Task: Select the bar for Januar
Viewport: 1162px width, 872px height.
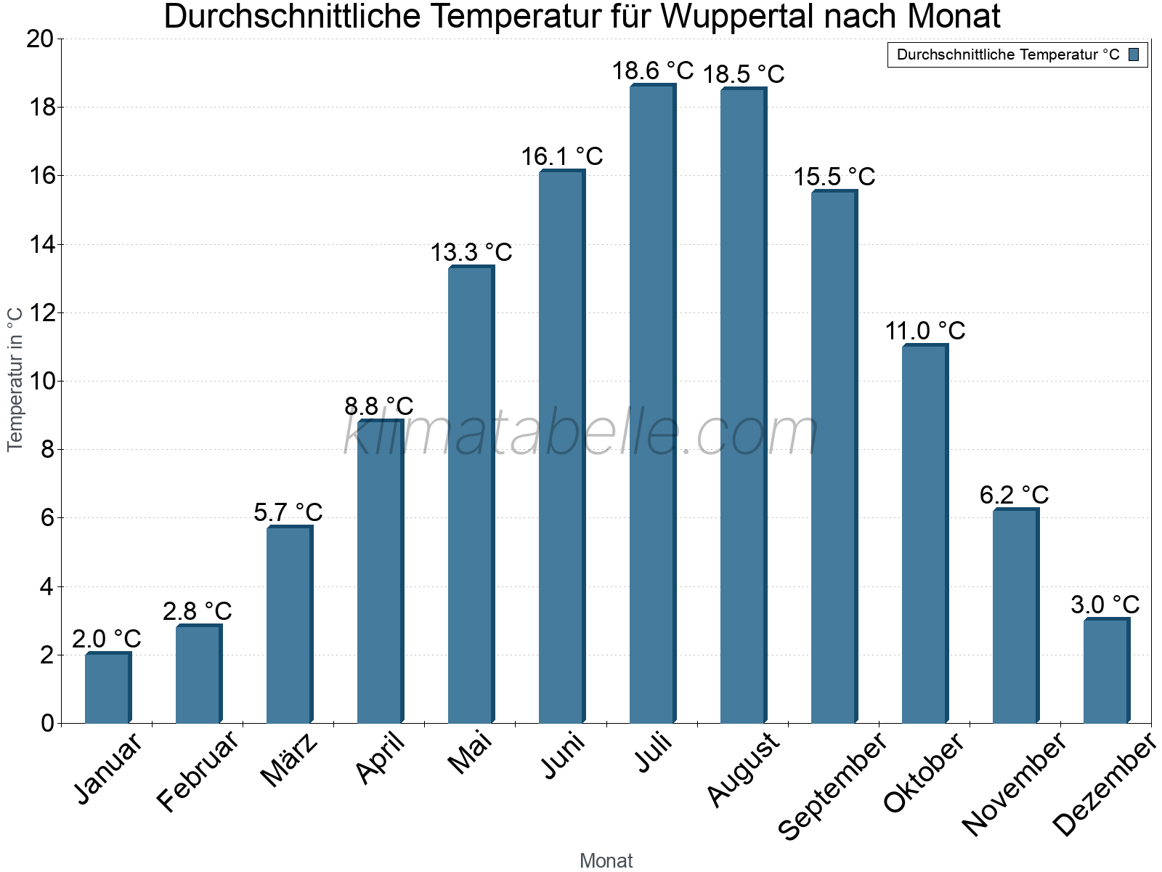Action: click(x=107, y=688)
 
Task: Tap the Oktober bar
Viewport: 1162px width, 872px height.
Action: click(x=925, y=534)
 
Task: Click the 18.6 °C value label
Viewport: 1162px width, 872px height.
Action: click(x=652, y=71)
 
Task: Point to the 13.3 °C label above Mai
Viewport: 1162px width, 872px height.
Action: click(x=471, y=253)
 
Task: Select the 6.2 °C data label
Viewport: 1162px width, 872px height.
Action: click(x=1014, y=495)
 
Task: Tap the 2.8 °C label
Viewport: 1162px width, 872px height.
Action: click(x=198, y=611)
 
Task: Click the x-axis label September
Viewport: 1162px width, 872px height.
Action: click(x=832, y=785)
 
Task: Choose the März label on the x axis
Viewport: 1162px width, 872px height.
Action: click(x=290, y=760)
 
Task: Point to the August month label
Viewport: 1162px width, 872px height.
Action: click(x=743, y=769)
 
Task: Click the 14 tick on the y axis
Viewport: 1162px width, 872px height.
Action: click(x=41, y=245)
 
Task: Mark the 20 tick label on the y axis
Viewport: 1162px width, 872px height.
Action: click(x=41, y=39)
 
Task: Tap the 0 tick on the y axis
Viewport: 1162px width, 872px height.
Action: click(x=48, y=723)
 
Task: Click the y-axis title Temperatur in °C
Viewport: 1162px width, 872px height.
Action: click(x=15, y=379)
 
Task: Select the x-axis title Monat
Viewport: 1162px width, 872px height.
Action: click(x=606, y=860)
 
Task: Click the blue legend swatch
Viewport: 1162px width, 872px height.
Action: click(x=1134, y=54)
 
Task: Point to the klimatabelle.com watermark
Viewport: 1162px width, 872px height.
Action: click(x=580, y=433)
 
